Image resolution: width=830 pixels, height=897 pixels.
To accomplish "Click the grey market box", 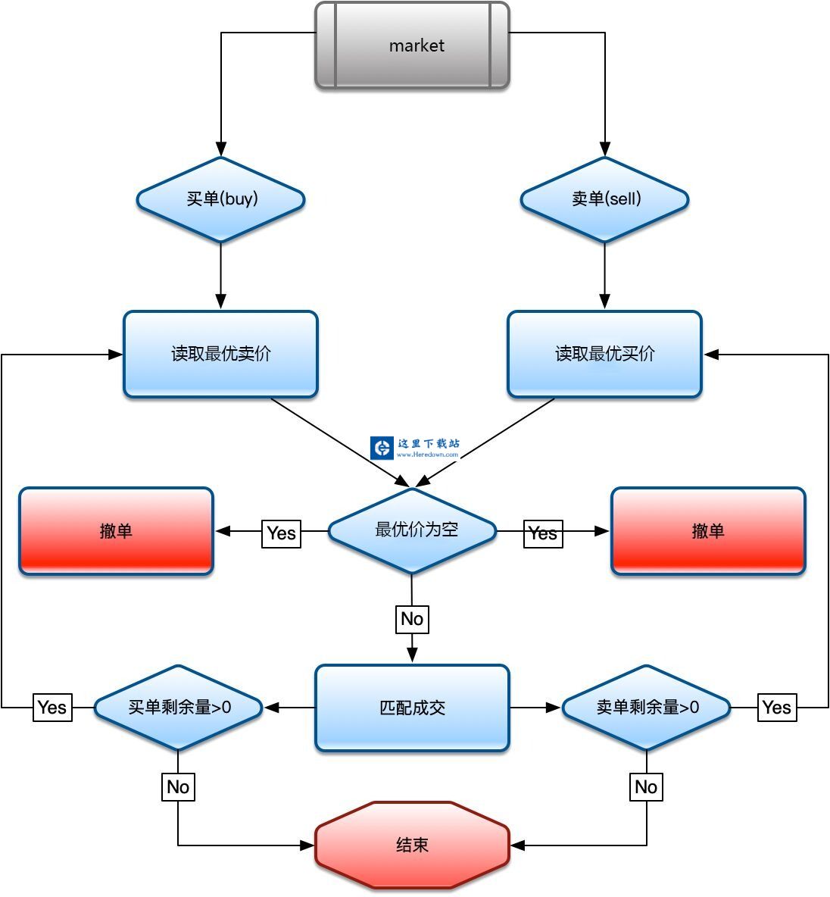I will pos(412,45).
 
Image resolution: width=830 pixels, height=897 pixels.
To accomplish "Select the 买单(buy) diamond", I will pos(220,199).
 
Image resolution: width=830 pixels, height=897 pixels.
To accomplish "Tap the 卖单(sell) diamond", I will pos(604,199).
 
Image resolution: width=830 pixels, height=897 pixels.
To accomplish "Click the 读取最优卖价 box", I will pos(220,354).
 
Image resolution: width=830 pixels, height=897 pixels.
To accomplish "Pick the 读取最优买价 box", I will pos(604,354).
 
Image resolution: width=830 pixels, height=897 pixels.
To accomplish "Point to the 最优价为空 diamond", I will pos(413,530).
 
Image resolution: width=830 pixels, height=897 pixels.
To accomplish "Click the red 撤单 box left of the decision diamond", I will pos(116,531).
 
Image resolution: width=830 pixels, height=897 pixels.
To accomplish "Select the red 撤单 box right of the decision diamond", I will pos(708,531).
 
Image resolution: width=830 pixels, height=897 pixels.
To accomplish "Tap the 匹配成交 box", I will pos(412,708).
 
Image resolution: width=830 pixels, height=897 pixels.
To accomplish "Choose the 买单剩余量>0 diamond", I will pos(178,708).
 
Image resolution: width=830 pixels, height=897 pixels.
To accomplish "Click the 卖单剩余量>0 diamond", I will pos(646,708).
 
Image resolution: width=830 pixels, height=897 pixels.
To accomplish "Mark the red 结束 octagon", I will pos(412,845).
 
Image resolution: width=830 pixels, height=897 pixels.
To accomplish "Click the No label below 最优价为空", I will pos(412,619).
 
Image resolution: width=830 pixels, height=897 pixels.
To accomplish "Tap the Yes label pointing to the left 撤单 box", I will pos(281,533).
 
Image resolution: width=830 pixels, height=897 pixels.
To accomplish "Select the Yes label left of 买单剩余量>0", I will pos(52,708).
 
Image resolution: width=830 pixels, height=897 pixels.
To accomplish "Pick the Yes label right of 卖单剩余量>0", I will pos(777,708).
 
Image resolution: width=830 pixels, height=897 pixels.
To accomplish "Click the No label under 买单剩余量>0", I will pos(178,787).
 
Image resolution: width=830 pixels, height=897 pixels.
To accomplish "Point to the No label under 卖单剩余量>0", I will pos(646,787).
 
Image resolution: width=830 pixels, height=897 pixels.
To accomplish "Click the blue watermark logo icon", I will pos(382,448).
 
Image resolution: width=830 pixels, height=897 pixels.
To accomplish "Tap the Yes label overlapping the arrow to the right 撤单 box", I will pos(543,533).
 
